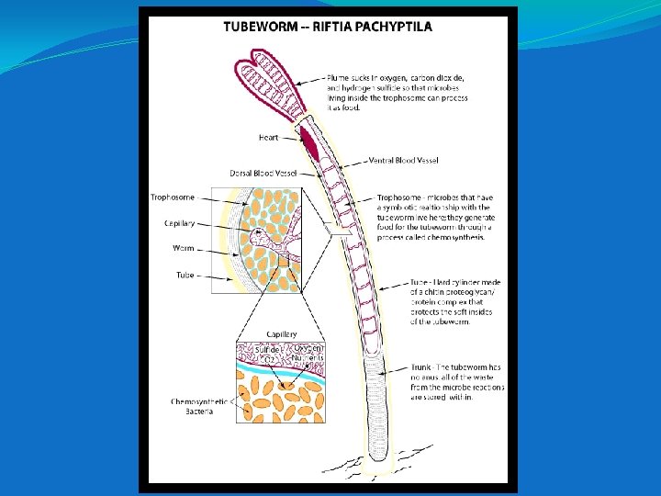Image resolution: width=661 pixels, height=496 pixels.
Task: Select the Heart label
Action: coord(269,138)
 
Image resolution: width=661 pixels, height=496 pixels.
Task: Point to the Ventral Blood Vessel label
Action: coord(403,160)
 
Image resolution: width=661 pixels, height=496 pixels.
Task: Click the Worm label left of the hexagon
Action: coord(183,248)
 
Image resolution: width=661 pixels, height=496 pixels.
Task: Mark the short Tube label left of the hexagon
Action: coord(185,275)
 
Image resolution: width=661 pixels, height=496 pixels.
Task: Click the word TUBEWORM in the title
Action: coord(259,27)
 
